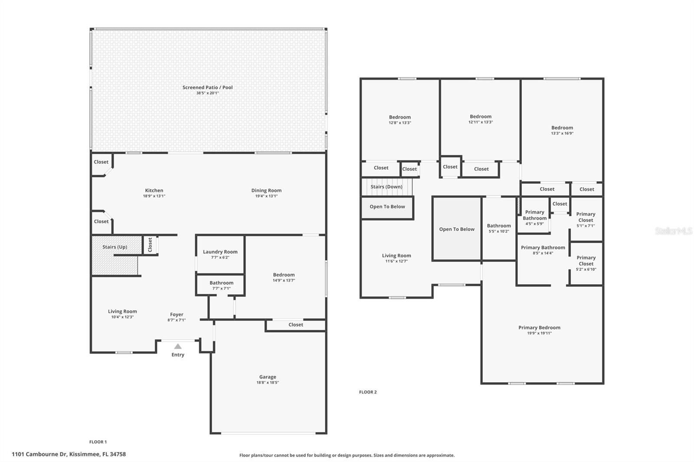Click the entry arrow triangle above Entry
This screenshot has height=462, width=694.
pyautogui.click(x=178, y=346)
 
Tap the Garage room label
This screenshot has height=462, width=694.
pyautogui.click(x=268, y=377)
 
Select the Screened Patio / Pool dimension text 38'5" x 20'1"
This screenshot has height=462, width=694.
pyautogui.click(x=207, y=93)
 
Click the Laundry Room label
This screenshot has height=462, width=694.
pyautogui.click(x=220, y=252)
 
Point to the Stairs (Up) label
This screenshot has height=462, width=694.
pyautogui.click(x=115, y=247)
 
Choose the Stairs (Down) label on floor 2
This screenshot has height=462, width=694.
pyautogui.click(x=386, y=187)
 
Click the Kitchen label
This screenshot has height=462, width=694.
pyautogui.click(x=154, y=190)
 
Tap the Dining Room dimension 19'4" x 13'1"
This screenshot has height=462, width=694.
pyautogui.click(x=266, y=196)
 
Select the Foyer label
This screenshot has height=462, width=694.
pyautogui.click(x=177, y=315)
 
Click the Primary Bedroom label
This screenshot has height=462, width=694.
pyautogui.click(x=539, y=328)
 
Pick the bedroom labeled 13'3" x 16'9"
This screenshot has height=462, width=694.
pyautogui.click(x=562, y=128)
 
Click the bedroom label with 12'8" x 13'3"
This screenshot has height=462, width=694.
pyautogui.click(x=400, y=117)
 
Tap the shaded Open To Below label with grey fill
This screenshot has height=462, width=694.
pyautogui.click(x=457, y=229)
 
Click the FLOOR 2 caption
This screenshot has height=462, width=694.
pyautogui.click(x=368, y=392)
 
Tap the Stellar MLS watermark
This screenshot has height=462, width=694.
pyautogui.click(x=673, y=231)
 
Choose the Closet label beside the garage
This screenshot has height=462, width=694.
pyautogui.click(x=296, y=325)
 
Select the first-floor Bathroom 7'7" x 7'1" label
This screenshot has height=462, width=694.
pyautogui.click(x=221, y=283)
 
